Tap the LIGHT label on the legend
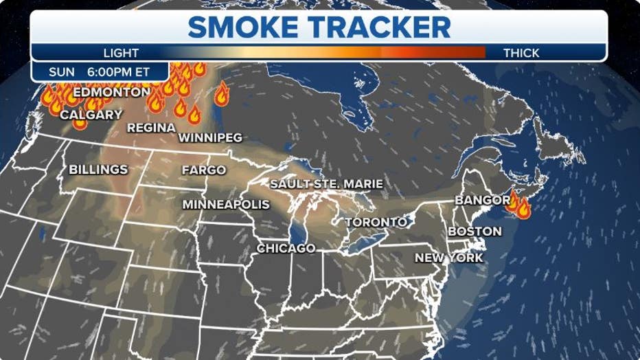[121, 53]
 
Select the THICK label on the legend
[521, 53]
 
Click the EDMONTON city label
[111, 92]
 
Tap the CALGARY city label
[91, 115]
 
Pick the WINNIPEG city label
[210, 138]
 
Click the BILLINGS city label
[98, 169]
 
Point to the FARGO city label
[204, 170]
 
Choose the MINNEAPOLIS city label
[226, 205]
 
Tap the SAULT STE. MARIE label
[326, 184]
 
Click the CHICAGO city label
[286, 248]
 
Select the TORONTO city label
[376, 223]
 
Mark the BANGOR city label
[480, 201]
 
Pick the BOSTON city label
[475, 232]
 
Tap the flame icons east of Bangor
[519, 205]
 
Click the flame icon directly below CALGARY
[80, 124]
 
